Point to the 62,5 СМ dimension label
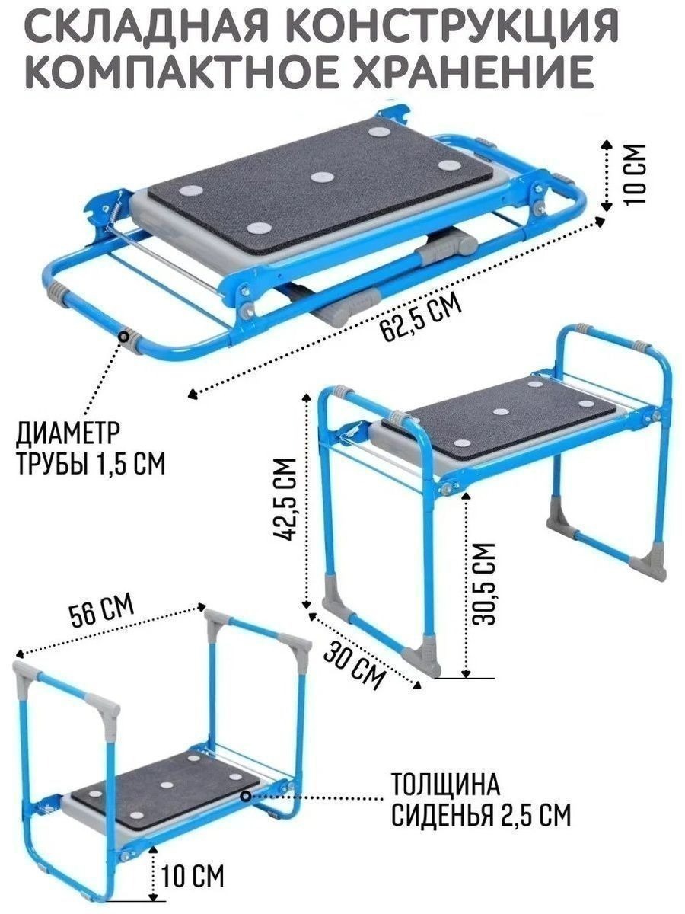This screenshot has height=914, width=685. tap(422, 318)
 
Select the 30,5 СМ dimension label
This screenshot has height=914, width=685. tap(485, 583)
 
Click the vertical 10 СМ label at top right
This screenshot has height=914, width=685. tap(636, 174)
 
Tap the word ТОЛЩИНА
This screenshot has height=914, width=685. tap(446, 785)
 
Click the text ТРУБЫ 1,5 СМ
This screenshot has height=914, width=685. tap(91, 463)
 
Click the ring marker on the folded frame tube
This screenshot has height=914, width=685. tap(124, 335)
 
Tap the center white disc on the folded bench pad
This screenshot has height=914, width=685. tap(323, 177)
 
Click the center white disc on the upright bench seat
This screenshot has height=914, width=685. tap(501, 412)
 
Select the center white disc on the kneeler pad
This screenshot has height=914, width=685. tap(167, 785)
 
